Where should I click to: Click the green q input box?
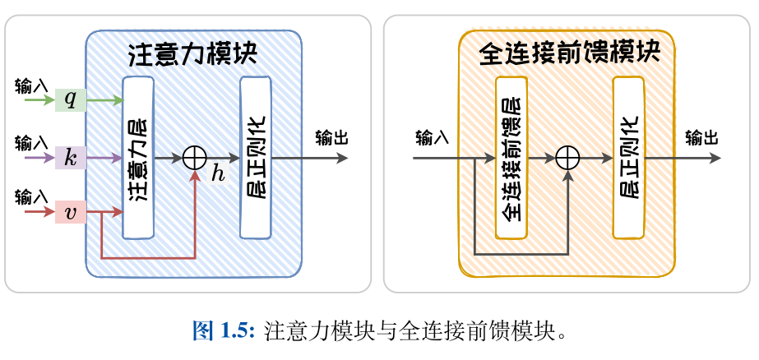[x=71, y=100]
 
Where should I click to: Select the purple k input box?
[x=71, y=157]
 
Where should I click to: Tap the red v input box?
[x=71, y=213]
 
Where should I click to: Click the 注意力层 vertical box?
[x=138, y=157]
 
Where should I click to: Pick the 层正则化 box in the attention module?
[x=255, y=157]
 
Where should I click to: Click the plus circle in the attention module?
[x=194, y=157]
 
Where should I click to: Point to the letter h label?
[x=218, y=173]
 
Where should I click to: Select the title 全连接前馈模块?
[x=569, y=54]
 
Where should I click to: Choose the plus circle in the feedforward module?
[x=568, y=157]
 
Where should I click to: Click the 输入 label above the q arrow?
[x=32, y=85]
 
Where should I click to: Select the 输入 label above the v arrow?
[x=32, y=197]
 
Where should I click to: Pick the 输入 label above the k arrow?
[x=32, y=141]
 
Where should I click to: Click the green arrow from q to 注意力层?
[x=104, y=100]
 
